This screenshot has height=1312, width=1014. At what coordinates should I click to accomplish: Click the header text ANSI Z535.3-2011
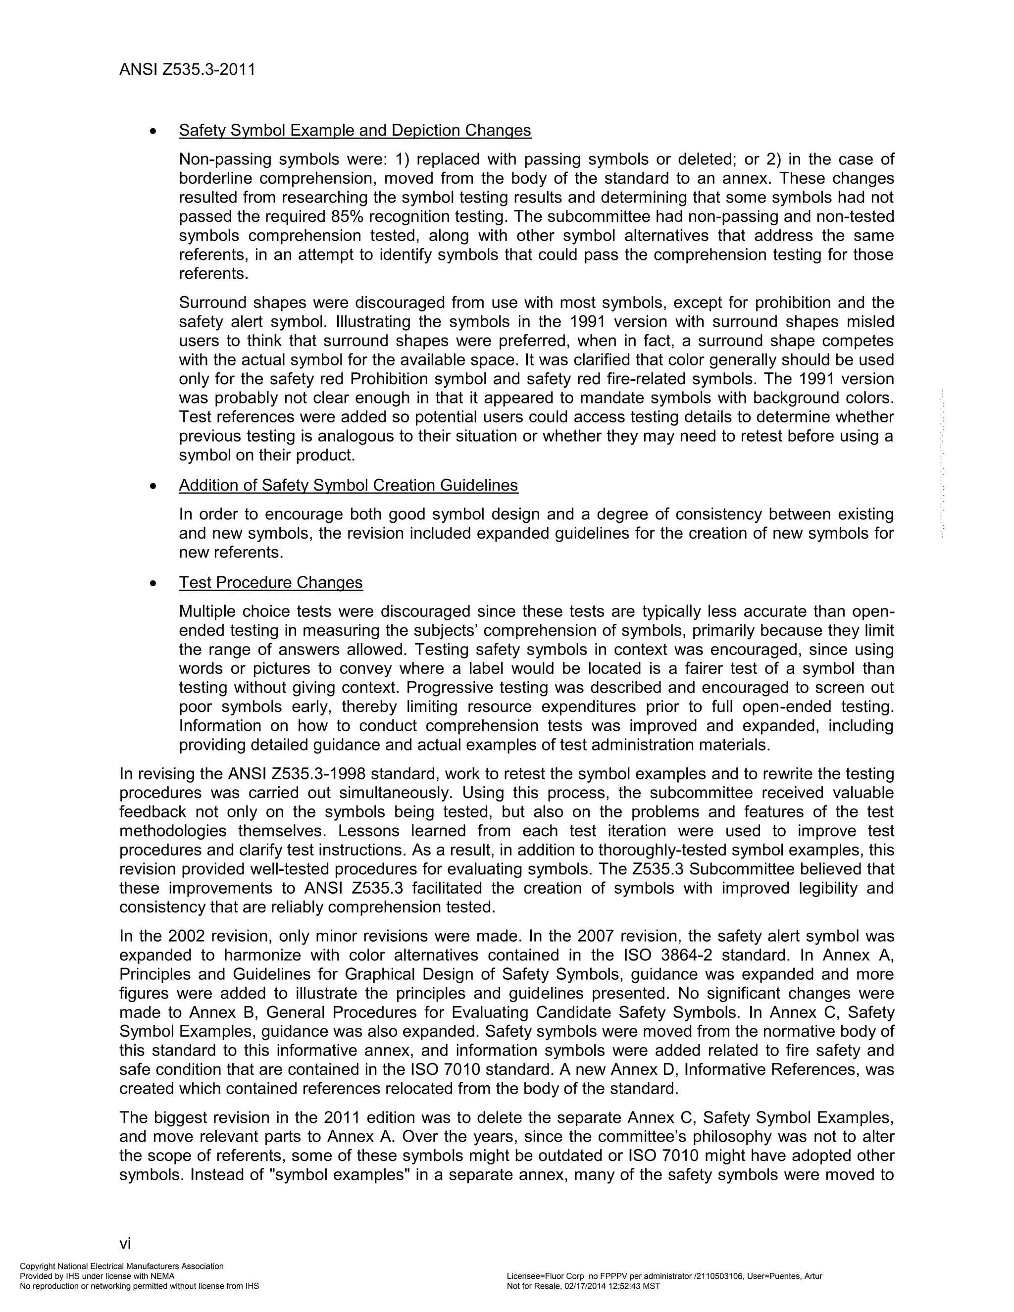188,70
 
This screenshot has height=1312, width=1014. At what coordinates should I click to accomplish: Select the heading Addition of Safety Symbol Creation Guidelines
349,485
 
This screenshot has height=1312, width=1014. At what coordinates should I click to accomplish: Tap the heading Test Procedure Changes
271,583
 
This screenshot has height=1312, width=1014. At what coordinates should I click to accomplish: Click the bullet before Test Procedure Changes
154,583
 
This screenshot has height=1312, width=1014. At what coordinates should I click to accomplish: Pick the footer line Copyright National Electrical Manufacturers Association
122,1266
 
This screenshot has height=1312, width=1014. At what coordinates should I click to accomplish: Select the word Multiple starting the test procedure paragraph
206,611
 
